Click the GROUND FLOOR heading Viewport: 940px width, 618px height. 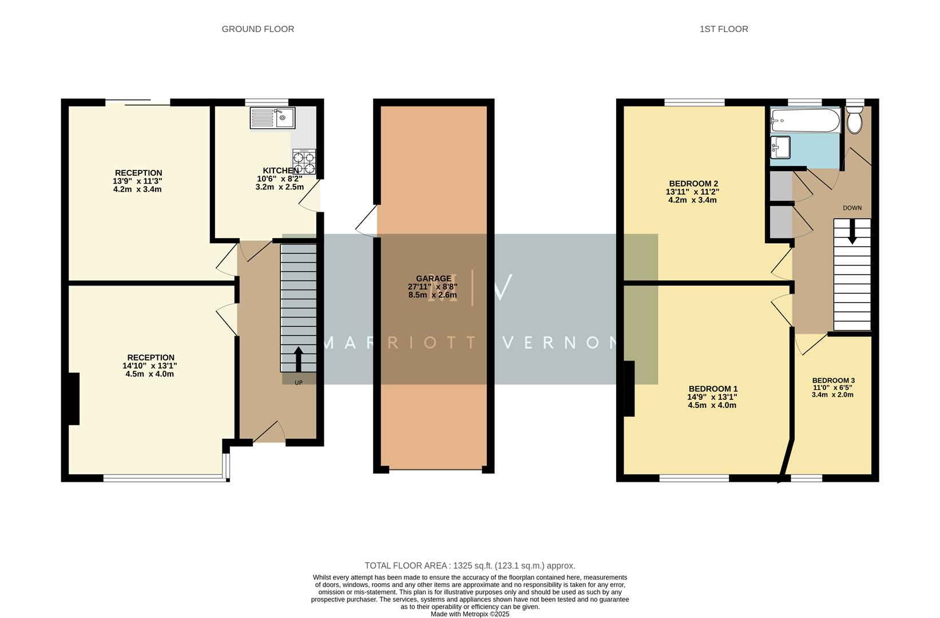[257, 29]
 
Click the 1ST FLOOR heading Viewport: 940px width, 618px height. [723, 29]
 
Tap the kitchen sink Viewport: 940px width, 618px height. [273, 118]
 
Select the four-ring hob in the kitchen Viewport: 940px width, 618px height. [304, 161]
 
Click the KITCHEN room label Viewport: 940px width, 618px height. [280, 171]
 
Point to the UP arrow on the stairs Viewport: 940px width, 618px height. [298, 359]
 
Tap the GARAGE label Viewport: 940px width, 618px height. [433, 279]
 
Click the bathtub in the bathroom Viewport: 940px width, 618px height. [805, 120]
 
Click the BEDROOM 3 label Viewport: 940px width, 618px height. [833, 381]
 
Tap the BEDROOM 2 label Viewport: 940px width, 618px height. [693, 184]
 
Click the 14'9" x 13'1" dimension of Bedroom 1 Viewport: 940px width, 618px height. [712, 397]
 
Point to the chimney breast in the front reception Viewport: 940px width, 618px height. [74, 398]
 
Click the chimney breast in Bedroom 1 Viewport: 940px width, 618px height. [629, 389]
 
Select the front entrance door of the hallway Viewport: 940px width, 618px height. [269, 433]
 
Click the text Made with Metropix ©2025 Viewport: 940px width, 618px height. [470, 614]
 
